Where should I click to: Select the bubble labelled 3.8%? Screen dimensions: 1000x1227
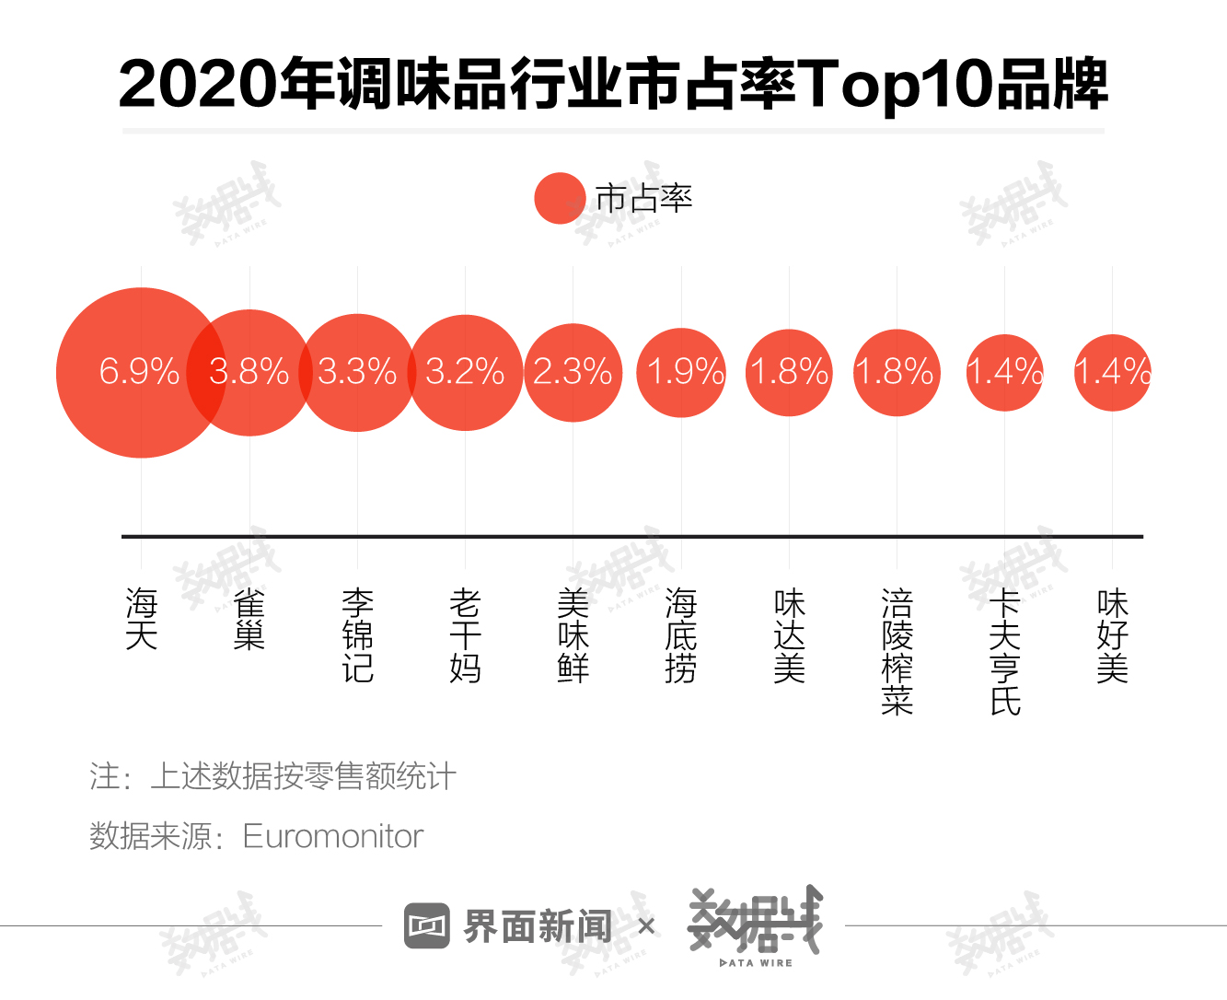coord(249,372)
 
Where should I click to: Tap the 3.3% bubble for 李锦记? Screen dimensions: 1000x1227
coord(357,372)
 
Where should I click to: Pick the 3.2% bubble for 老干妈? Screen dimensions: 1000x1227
coord(465,372)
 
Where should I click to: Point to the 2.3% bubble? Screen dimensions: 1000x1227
coord(573,372)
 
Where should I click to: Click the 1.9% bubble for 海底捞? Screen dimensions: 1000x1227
coord(681,372)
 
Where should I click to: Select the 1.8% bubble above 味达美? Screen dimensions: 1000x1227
coord(789,372)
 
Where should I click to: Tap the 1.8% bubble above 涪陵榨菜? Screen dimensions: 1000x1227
coord(897,372)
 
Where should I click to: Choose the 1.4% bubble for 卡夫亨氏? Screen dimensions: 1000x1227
coord(1004,372)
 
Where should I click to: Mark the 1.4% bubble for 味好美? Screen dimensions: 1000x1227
coord(1112,372)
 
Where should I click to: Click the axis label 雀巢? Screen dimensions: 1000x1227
coord(249,620)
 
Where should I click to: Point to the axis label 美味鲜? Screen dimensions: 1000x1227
coord(573,635)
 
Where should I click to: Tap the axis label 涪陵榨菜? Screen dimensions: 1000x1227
coord(897,652)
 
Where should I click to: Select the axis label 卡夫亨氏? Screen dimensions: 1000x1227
coord(1005,652)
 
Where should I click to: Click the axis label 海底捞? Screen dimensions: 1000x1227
coord(681,635)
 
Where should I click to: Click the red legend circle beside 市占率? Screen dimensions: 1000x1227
coord(560,198)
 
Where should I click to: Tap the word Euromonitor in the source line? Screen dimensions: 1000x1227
coord(332,836)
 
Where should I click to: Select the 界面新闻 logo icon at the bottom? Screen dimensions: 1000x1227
coord(426,925)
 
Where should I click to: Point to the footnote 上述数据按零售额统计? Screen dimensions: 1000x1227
coord(303,776)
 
